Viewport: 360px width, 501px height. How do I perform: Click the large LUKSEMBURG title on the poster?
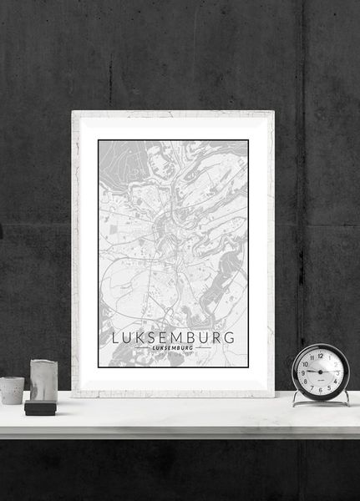click(x=173, y=337)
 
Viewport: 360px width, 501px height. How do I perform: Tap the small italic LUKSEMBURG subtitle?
click(x=174, y=348)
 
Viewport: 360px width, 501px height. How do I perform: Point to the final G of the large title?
click(x=229, y=337)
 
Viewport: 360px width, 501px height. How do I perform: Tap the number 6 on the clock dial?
click(x=321, y=388)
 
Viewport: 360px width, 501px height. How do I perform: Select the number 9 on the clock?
click(x=304, y=372)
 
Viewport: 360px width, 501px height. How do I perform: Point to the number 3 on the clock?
click(x=337, y=372)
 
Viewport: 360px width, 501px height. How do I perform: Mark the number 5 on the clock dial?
click(x=329, y=386)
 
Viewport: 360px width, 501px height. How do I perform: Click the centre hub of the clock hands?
click(x=321, y=372)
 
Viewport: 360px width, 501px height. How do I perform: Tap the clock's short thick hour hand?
click(x=313, y=372)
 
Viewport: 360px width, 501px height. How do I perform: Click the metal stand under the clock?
click(x=321, y=402)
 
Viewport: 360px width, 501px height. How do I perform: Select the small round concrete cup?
click(x=12, y=390)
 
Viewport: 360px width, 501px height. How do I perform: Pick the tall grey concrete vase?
click(x=43, y=380)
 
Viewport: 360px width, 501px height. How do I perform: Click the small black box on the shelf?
click(x=39, y=407)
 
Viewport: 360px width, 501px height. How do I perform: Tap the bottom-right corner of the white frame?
click(x=272, y=395)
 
